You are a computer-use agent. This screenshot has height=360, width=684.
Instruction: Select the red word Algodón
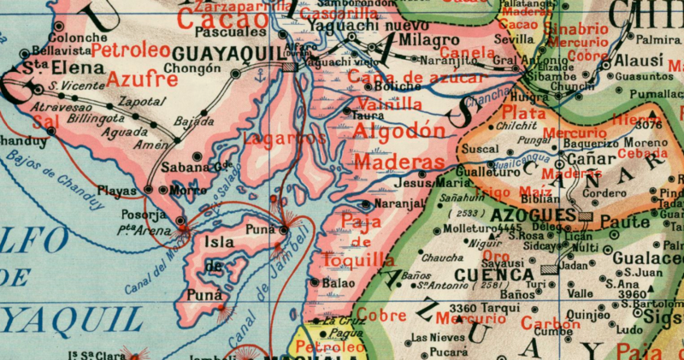(399, 132)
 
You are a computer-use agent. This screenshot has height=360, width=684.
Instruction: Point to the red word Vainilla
(390, 103)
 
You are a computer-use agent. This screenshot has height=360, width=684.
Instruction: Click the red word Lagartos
(273, 137)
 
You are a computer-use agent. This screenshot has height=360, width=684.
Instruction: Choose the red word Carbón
(550, 324)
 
